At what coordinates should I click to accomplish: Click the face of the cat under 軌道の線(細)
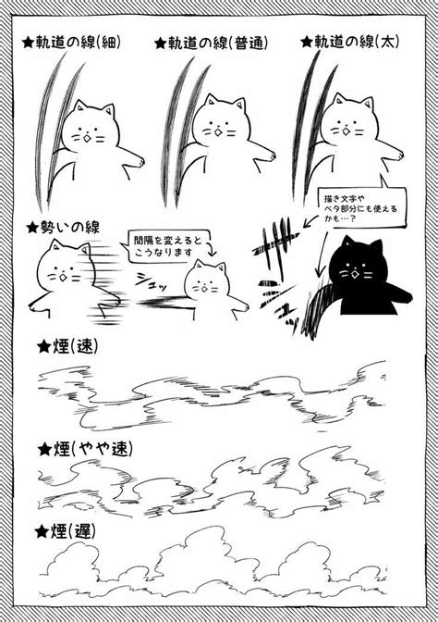(x=91, y=129)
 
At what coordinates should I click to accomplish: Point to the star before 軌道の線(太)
(x=306, y=43)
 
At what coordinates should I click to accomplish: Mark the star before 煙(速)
(x=42, y=347)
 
